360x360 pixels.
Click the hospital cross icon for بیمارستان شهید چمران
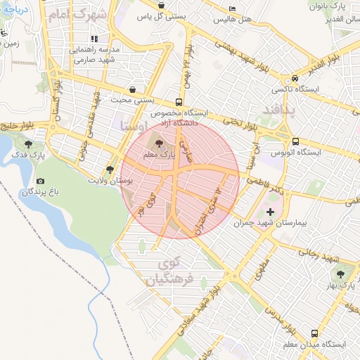(271, 212)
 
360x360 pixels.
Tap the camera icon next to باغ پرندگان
(39, 181)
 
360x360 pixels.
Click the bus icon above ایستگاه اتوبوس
(295, 141)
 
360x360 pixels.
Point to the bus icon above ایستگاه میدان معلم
(314, 333)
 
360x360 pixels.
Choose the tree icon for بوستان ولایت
(110, 169)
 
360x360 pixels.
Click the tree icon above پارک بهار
(341, 275)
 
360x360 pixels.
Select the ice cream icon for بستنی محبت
(133, 89)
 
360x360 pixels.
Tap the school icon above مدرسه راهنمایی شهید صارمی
(94, 39)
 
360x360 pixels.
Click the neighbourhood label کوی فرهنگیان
(168, 272)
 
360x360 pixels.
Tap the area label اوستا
(134, 127)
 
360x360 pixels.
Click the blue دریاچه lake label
(14, 11)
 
